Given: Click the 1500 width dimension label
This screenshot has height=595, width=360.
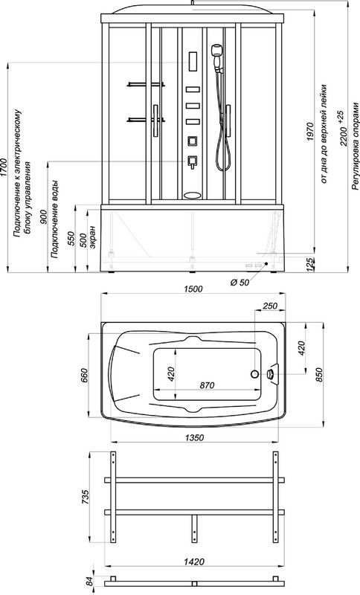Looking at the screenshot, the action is coord(193,289).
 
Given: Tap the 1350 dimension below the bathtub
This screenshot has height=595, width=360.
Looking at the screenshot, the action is coord(195,437).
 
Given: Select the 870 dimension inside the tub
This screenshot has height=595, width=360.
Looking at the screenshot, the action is coord(207,385).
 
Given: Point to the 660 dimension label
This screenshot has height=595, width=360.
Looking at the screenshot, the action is coord(84,375).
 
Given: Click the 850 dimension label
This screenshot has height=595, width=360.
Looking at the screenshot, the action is coord(319,375).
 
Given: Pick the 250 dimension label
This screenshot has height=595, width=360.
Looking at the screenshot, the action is coord(271,306).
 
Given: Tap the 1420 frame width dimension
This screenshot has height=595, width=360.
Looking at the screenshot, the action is coord(195,562).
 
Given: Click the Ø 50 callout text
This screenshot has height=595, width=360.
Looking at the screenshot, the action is coord(240,283).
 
